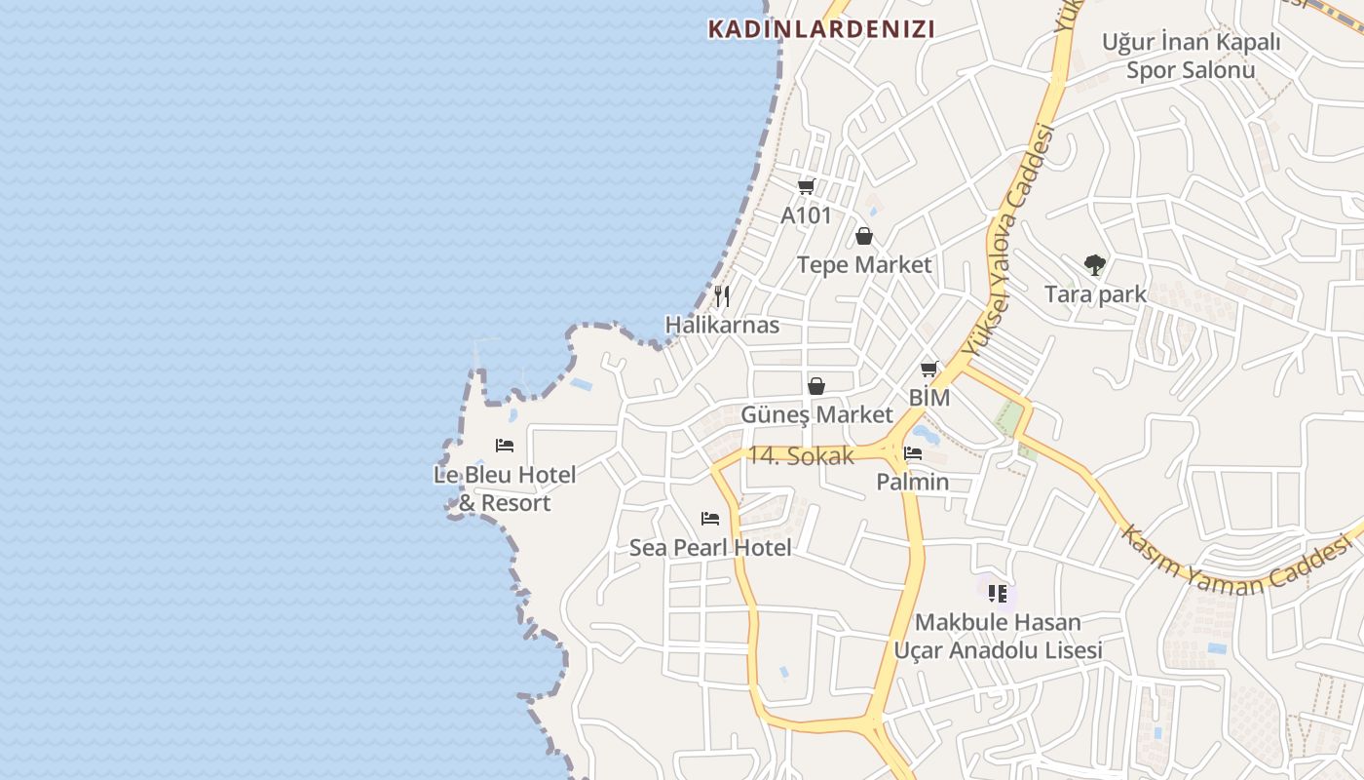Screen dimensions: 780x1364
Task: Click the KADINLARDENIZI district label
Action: pyautogui.click(x=820, y=29)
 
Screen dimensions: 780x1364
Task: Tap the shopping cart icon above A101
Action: pyautogui.click(x=806, y=186)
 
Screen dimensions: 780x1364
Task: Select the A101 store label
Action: pyautogui.click(x=806, y=215)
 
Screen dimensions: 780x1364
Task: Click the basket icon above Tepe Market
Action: pyautogui.click(x=863, y=236)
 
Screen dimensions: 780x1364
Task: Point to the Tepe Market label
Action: pyautogui.click(x=863, y=265)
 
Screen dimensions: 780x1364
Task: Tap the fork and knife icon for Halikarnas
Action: pyautogui.click(x=722, y=296)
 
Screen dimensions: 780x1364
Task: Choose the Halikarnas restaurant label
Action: pyautogui.click(x=722, y=326)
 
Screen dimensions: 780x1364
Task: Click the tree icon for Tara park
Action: pyautogui.click(x=1095, y=264)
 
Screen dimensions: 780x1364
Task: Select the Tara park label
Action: pyautogui.click(x=1095, y=294)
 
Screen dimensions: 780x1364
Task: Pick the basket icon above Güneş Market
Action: pyautogui.click(x=816, y=386)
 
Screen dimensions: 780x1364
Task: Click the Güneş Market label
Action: pyautogui.click(x=816, y=415)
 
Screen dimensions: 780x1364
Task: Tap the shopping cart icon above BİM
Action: pyautogui.click(x=928, y=370)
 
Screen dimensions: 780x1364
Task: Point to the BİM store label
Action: pyautogui.click(x=928, y=399)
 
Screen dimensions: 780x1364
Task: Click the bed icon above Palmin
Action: pyautogui.click(x=913, y=453)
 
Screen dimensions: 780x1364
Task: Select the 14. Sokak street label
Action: pyautogui.click(x=800, y=456)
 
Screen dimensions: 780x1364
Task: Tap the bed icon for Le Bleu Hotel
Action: pyautogui.click(x=505, y=446)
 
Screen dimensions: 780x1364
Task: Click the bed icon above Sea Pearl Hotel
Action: pyautogui.click(x=710, y=519)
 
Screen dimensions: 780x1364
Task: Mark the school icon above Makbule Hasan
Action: pyautogui.click(x=998, y=593)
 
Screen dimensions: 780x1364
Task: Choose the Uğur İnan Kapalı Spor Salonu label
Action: pyautogui.click(x=1191, y=56)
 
